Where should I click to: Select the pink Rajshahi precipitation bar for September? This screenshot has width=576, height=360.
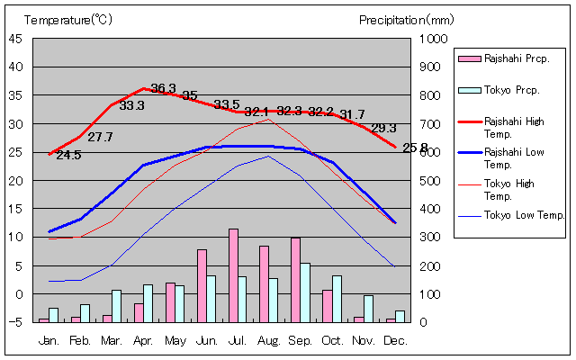point(295,280)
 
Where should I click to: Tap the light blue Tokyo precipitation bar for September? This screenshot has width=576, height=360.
point(305,292)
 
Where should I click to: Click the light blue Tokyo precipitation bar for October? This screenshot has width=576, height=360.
point(337,299)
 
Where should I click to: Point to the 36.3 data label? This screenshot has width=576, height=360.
point(163,88)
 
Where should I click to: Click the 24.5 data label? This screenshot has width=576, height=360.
point(68,155)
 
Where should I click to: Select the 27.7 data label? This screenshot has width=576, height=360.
point(100,138)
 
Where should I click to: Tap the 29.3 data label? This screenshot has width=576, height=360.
point(383,128)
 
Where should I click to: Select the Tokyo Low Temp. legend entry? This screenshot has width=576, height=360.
point(524,215)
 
